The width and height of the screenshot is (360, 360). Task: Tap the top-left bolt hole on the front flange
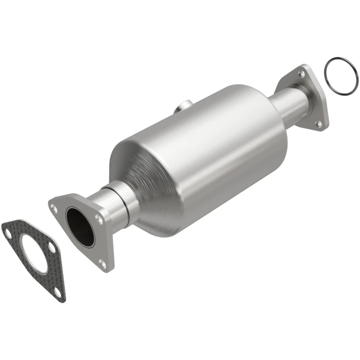(x=54, y=208)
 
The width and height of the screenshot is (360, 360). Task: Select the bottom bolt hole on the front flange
(x=103, y=265)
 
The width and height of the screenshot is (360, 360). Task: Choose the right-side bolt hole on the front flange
(x=98, y=218)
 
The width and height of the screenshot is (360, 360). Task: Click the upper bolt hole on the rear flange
(x=302, y=72)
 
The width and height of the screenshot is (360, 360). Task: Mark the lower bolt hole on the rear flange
(x=319, y=122)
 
